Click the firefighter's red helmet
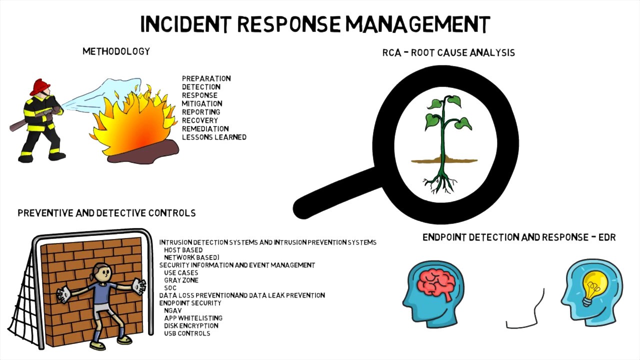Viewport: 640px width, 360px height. [x=40, y=86]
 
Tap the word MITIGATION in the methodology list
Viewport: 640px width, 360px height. [x=202, y=103]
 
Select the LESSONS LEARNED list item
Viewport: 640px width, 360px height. [x=214, y=137]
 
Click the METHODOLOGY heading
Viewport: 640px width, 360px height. [x=116, y=51]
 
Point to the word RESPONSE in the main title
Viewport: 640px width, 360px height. [x=289, y=24]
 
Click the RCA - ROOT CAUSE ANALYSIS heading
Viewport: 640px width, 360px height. [x=448, y=53]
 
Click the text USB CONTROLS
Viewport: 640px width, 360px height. [x=187, y=333]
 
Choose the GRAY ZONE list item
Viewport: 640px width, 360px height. [x=181, y=280]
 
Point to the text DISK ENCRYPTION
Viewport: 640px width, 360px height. [x=191, y=325]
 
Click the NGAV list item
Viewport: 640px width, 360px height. [x=173, y=310]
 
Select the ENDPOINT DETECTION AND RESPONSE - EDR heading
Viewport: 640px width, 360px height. [x=519, y=237]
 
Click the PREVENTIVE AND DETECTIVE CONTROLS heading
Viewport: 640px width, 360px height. [x=106, y=213]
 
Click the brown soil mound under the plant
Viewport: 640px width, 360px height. [x=444, y=159]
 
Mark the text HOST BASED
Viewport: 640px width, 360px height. [x=183, y=250]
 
